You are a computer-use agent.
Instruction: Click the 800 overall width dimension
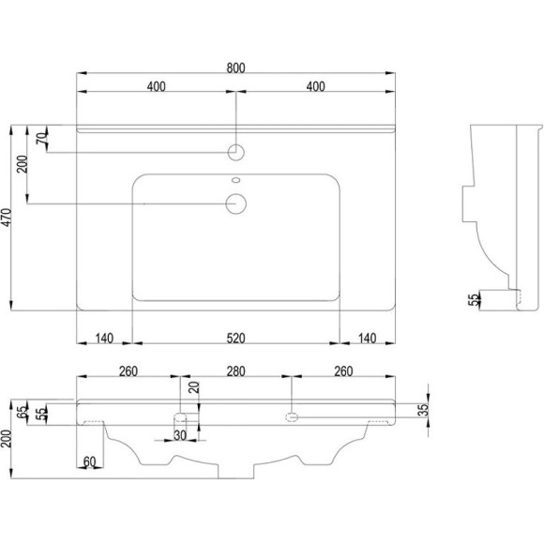tap(235, 67)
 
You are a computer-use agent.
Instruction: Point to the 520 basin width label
tap(235, 339)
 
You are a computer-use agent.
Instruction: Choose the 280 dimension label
tap(235, 371)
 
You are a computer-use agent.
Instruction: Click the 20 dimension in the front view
tap(194, 388)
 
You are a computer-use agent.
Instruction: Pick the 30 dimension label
tap(179, 434)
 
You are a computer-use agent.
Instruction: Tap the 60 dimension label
tap(90, 461)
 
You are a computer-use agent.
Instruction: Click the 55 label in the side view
tap(475, 299)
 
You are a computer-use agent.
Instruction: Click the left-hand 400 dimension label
tap(156, 87)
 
